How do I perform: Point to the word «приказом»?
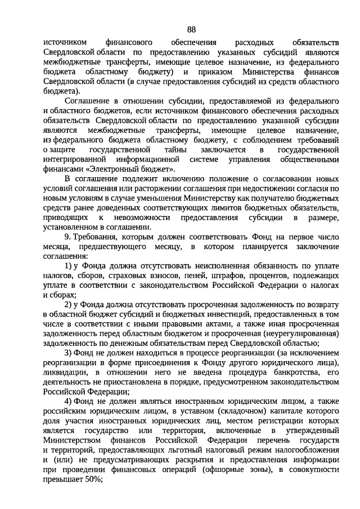point(209,73)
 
